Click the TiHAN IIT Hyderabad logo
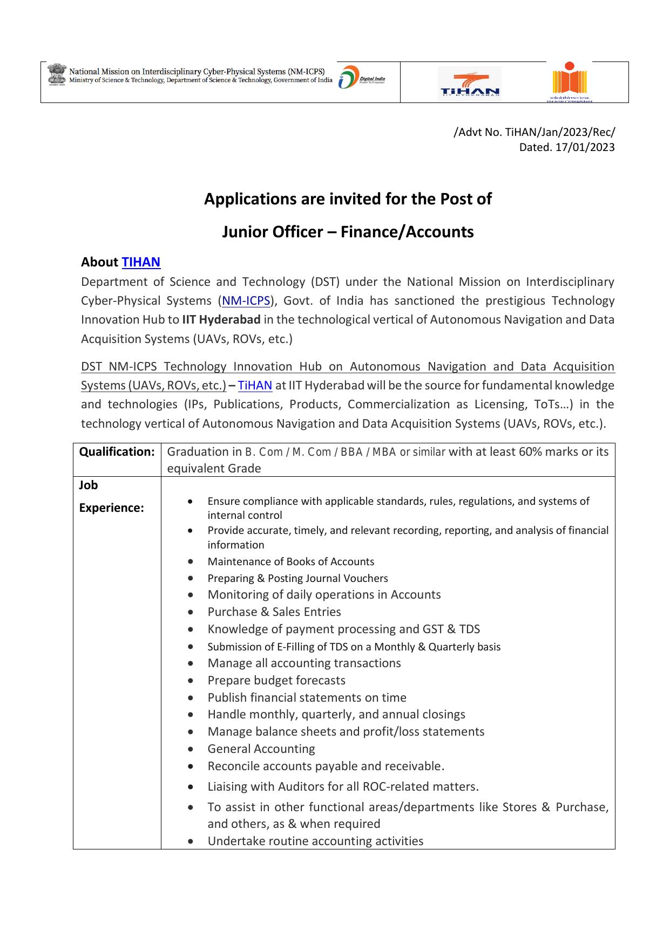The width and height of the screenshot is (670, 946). [469, 84]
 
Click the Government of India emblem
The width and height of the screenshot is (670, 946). [56, 75]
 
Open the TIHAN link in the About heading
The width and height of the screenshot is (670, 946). [141, 262]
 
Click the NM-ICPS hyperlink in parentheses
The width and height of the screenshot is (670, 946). [246, 300]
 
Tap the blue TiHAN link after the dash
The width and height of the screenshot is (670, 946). [255, 385]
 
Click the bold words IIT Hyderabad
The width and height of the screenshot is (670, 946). [221, 319]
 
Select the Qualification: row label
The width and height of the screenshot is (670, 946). [117, 452]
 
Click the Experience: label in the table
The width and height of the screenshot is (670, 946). [111, 508]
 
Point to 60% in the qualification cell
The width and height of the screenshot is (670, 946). [530, 451]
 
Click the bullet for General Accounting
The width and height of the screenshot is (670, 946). [191, 749]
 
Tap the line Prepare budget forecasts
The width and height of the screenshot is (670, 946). [276, 680]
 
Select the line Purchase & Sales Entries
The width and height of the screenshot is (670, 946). [274, 612]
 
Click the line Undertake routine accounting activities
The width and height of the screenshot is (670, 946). [315, 841]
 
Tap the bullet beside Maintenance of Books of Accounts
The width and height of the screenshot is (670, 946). [191, 561]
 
